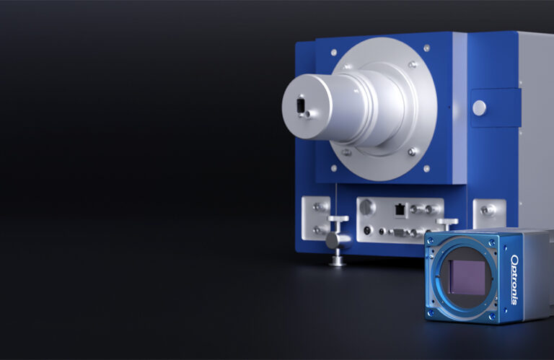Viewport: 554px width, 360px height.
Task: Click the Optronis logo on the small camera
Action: click(x=515, y=279)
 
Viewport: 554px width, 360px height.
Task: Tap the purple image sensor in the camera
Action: click(x=467, y=277)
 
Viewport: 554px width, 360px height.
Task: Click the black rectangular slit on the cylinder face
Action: click(x=301, y=105)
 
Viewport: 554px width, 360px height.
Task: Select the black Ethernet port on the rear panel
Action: click(x=400, y=210)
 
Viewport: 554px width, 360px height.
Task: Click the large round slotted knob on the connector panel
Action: click(x=367, y=207)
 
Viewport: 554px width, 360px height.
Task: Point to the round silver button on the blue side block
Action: click(x=479, y=107)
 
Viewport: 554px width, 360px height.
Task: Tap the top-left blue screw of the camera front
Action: click(x=431, y=241)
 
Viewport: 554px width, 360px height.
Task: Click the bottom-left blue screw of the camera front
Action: click(x=431, y=313)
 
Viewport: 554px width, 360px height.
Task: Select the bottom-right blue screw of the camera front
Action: click(x=492, y=316)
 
